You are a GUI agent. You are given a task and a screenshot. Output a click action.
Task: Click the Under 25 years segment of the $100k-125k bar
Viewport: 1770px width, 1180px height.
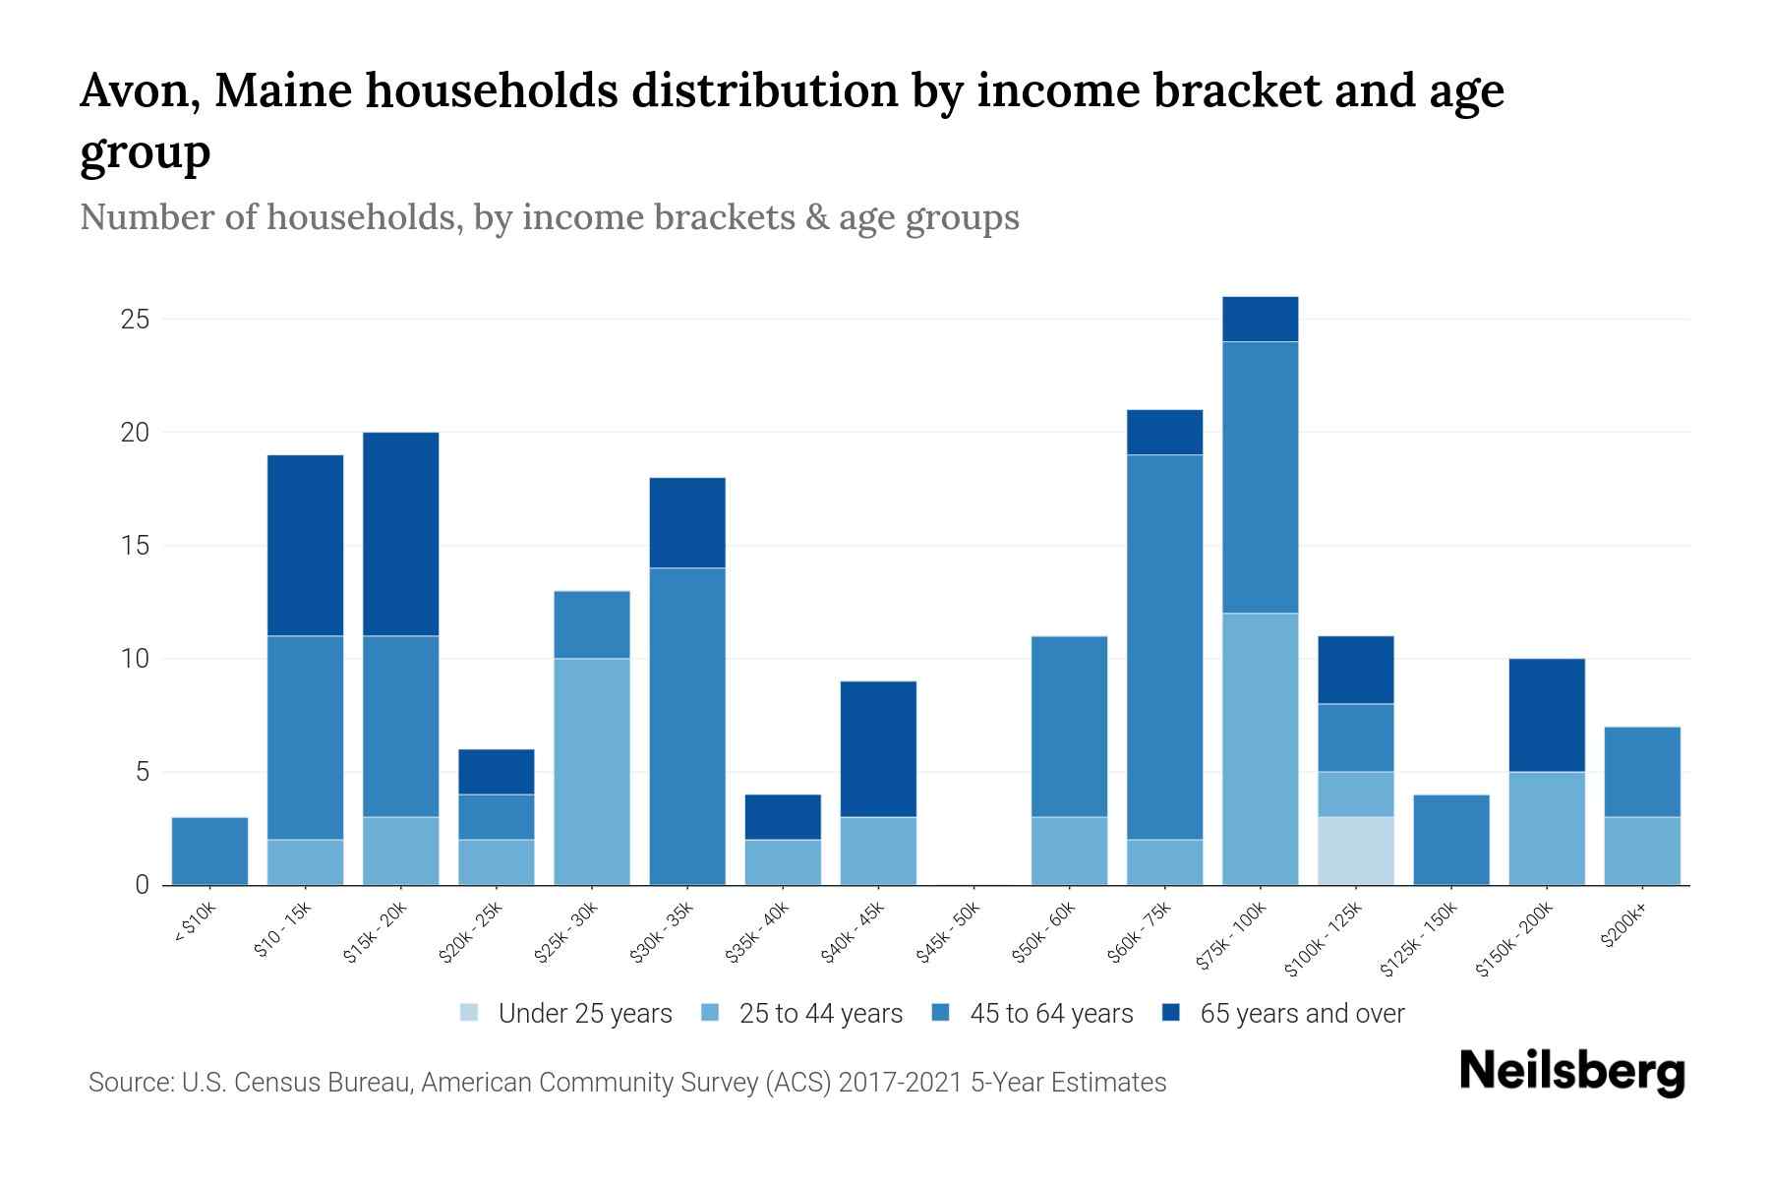pyautogui.click(x=1356, y=851)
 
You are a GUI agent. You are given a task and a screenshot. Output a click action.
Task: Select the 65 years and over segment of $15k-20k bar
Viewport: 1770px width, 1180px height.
pyautogui.click(x=401, y=534)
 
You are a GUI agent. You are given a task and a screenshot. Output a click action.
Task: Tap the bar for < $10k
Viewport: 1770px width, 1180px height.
pyautogui.click(x=209, y=851)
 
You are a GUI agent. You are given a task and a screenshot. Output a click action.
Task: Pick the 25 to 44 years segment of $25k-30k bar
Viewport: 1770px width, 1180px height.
pyautogui.click(x=592, y=771)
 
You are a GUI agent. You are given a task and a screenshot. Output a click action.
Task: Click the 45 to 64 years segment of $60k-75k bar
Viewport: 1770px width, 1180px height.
pyautogui.click(x=1165, y=646)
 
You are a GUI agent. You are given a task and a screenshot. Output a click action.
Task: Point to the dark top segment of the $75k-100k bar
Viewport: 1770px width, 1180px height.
pyautogui.click(x=1260, y=319)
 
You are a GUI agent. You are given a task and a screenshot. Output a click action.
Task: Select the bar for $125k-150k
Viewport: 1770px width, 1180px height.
pyautogui.click(x=1451, y=839)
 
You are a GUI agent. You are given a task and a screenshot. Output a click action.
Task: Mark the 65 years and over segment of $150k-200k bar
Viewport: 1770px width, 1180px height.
pyautogui.click(x=1547, y=715)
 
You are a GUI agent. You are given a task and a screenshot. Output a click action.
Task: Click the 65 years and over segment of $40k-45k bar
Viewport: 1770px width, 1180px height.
pyautogui.click(x=878, y=748)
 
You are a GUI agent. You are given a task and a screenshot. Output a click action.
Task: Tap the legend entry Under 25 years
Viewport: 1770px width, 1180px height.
pyautogui.click(x=584, y=1014)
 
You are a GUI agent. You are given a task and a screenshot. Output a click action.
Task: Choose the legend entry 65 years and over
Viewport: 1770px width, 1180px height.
pyautogui.click(x=1301, y=1014)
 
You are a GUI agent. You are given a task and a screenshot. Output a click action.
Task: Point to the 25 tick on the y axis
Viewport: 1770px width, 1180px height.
pyautogui.click(x=135, y=320)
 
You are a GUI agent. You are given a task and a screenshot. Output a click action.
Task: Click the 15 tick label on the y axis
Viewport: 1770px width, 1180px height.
pyautogui.click(x=135, y=546)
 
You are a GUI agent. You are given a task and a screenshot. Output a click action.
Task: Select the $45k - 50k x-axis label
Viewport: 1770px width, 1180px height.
pyautogui.click(x=948, y=932)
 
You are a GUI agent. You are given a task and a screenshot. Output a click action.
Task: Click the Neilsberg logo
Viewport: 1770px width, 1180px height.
pyautogui.click(x=1571, y=1072)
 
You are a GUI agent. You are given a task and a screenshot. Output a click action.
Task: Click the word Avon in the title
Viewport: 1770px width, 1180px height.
pyautogui.click(x=135, y=91)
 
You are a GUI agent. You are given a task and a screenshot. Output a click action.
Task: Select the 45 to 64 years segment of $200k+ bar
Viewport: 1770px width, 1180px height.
pyautogui.click(x=1642, y=771)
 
